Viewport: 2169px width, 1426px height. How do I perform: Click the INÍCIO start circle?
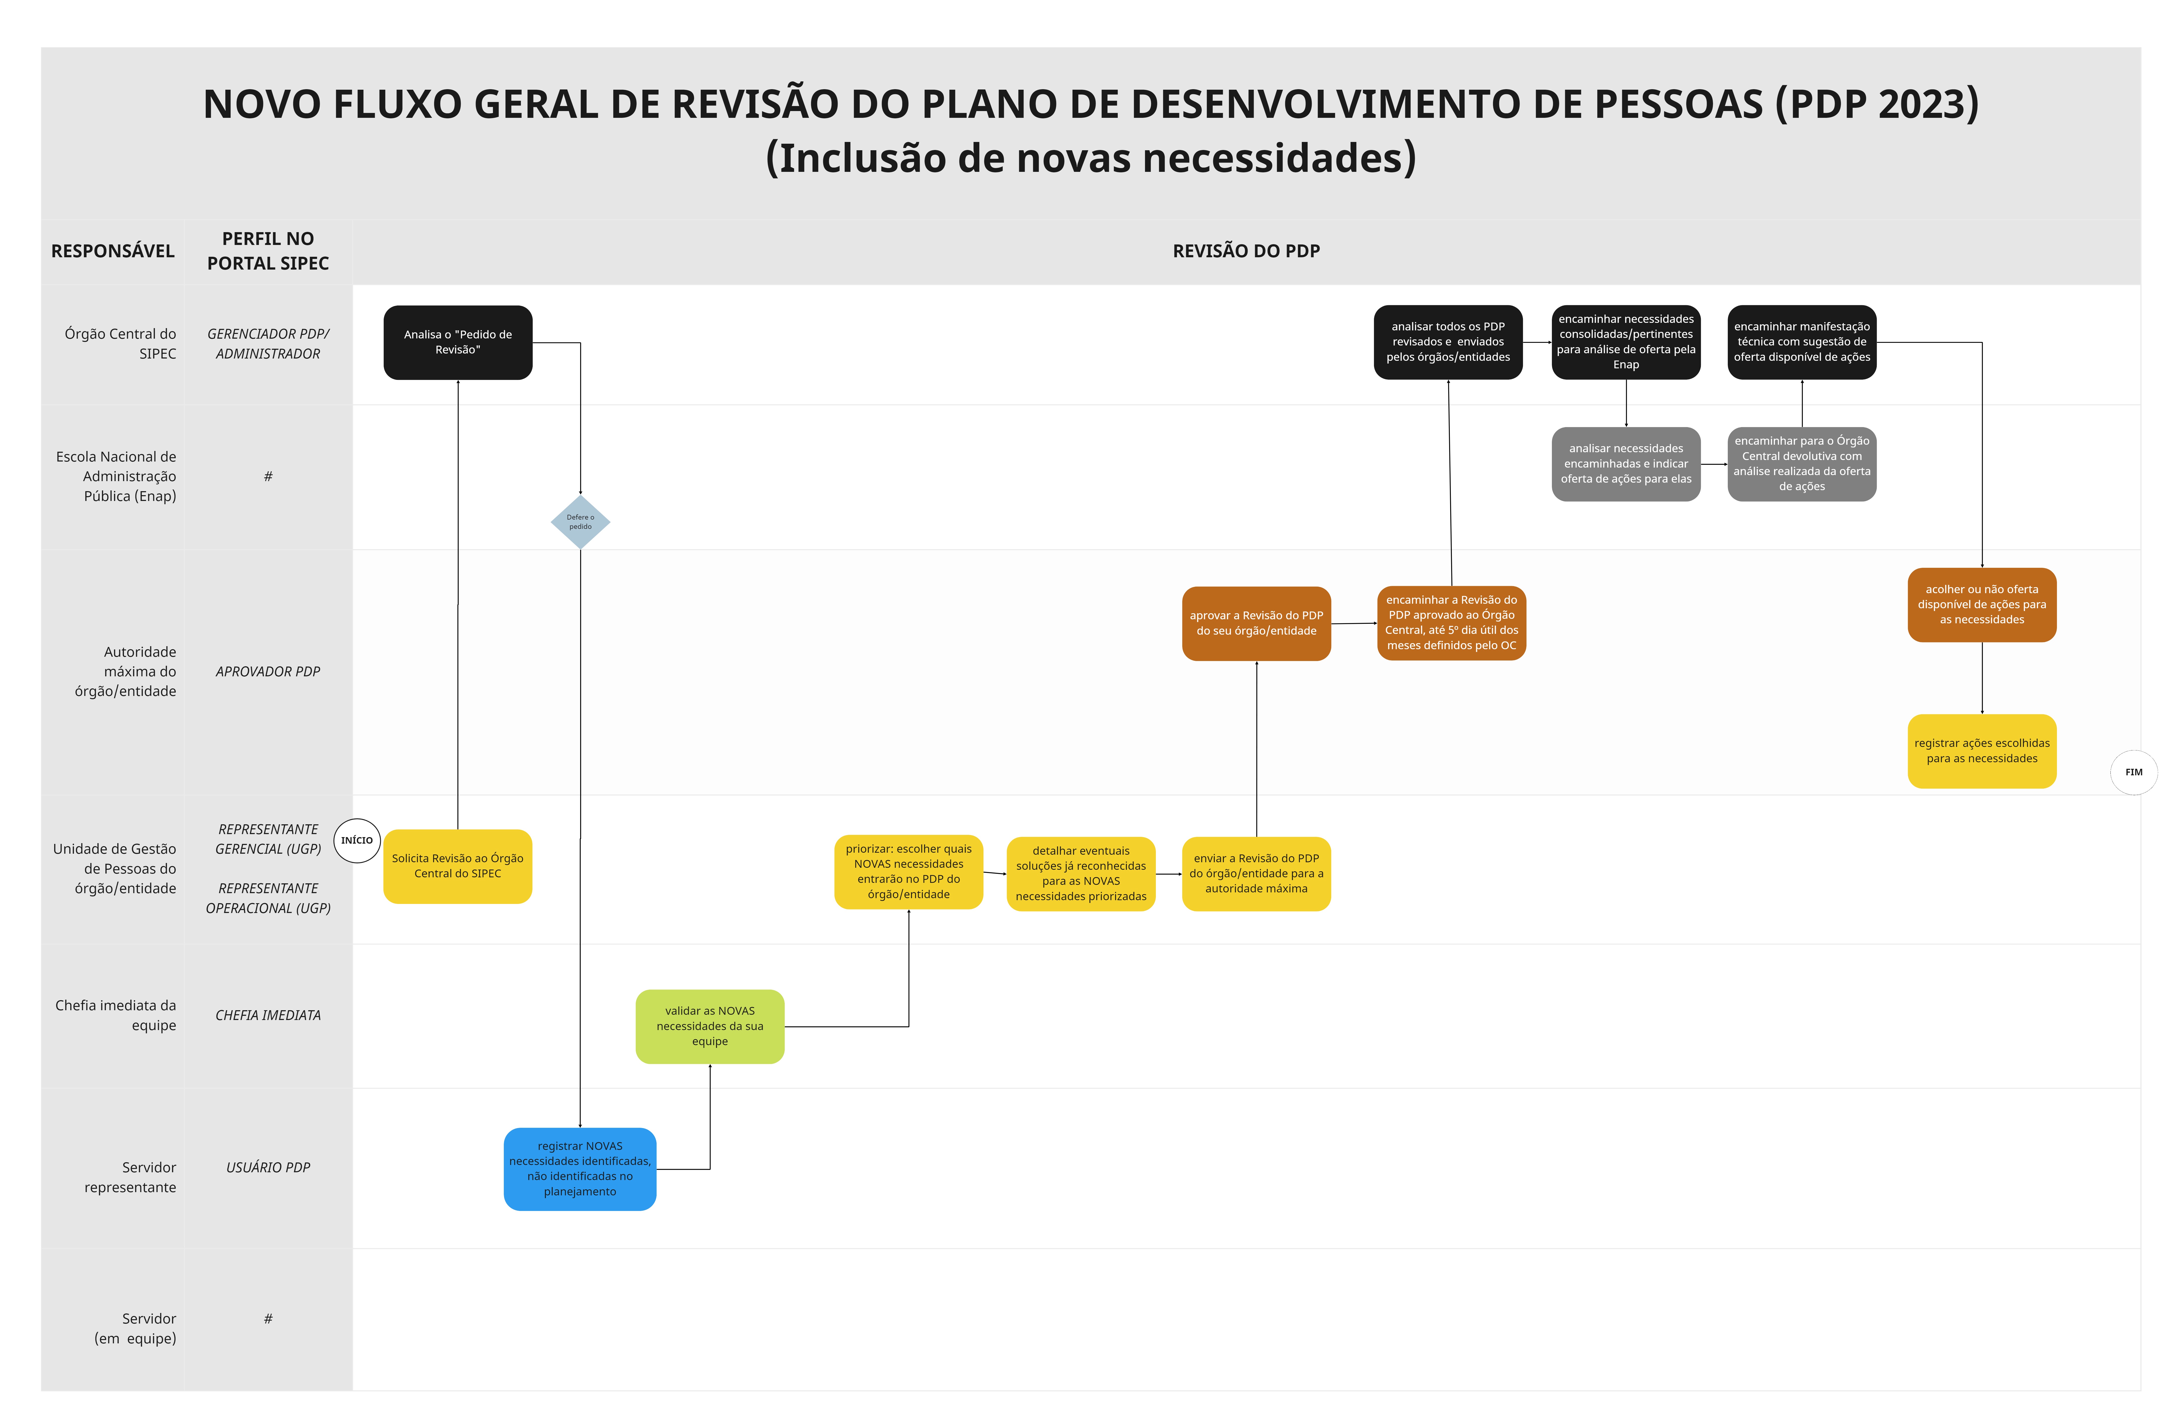(356, 840)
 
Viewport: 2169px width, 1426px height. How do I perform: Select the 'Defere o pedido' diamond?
(580, 522)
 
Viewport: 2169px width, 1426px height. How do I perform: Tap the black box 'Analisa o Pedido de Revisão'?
(458, 343)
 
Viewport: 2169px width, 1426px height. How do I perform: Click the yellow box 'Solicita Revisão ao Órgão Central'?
(458, 865)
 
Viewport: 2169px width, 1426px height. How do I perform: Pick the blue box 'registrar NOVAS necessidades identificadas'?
(580, 1169)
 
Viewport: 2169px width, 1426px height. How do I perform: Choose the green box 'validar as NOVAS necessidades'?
(710, 1026)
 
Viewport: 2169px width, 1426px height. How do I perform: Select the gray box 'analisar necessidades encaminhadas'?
(1626, 464)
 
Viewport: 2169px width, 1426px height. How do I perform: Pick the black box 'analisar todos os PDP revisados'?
(1448, 342)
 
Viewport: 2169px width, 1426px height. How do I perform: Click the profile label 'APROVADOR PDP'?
(268, 672)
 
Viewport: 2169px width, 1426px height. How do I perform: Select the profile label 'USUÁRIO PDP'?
(268, 1167)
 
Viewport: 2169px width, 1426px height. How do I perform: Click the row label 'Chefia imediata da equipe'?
(116, 1015)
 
